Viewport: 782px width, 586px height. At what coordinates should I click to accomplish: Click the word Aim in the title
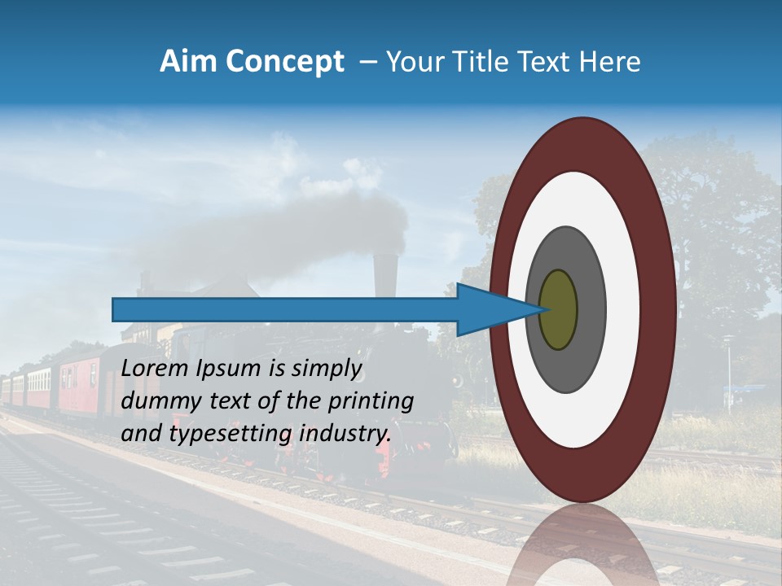pos(189,62)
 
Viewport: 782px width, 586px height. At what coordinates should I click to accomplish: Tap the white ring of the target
pos(623,310)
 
